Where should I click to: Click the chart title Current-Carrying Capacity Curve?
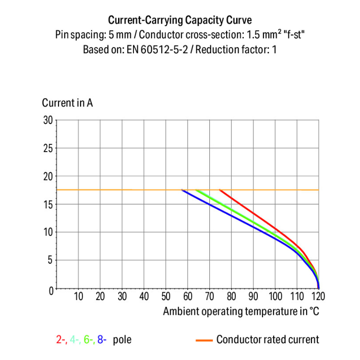click(x=180, y=20)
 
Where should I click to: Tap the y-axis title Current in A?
click(x=67, y=103)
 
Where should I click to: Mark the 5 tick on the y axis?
click(x=50, y=260)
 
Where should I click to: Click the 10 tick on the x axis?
click(x=78, y=296)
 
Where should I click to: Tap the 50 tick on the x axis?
click(x=166, y=296)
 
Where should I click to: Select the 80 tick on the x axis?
click(x=231, y=296)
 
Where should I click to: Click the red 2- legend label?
click(x=61, y=340)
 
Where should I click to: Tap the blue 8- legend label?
click(x=102, y=340)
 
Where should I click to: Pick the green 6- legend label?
click(x=88, y=340)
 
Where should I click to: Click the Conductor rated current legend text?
click(x=267, y=340)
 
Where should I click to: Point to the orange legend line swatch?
click(x=204, y=340)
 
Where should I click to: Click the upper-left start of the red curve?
click(x=220, y=190)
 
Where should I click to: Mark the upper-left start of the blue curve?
click(x=182, y=191)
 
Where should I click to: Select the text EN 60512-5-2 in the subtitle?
click(x=156, y=49)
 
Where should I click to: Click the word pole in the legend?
click(x=121, y=340)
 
